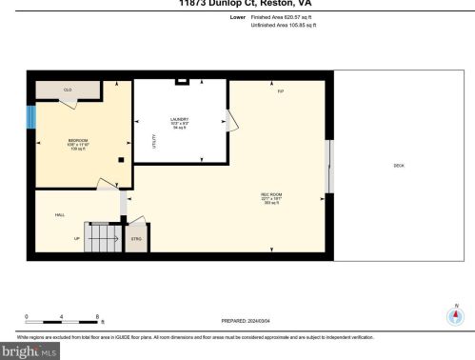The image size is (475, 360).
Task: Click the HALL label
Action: point(58,215)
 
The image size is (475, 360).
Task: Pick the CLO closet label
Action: point(68,90)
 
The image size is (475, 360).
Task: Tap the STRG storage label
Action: point(136,238)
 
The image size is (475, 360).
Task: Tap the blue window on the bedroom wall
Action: point(30,116)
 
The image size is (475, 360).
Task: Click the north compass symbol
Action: point(455,317)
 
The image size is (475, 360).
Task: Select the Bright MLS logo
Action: point(29,350)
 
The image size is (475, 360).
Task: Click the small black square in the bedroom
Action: point(121,160)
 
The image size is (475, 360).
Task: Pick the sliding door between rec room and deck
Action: point(328,167)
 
